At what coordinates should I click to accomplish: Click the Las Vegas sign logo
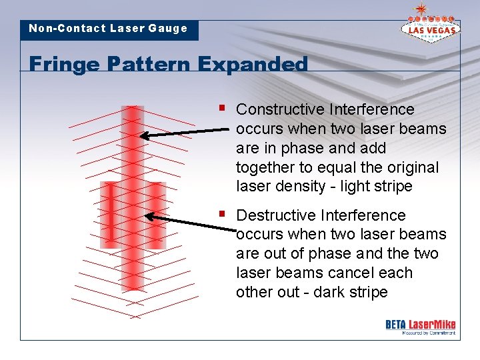[x=431, y=25]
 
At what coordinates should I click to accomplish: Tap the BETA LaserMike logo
[x=420, y=326]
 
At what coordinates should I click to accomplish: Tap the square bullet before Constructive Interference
[x=222, y=107]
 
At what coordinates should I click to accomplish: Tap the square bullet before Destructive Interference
[x=222, y=213]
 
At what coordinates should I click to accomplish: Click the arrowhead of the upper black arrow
[x=143, y=136]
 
